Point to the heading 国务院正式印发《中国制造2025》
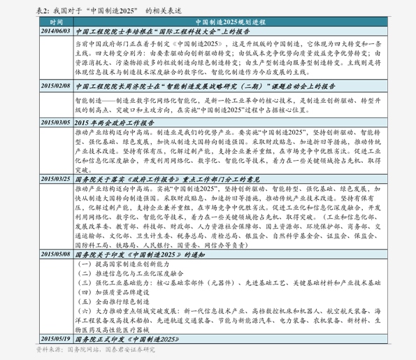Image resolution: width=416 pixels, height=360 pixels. pyautogui.click(x=129, y=337)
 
